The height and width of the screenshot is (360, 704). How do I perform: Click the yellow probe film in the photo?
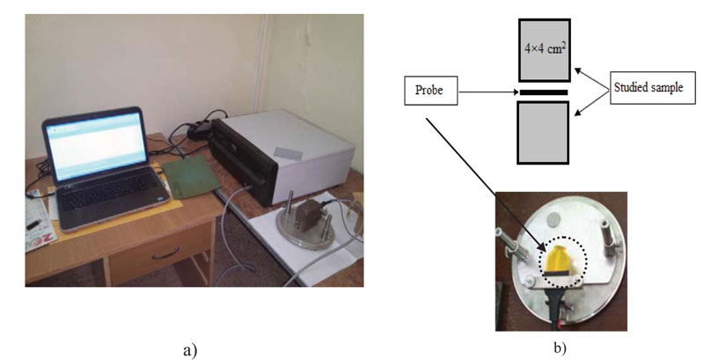coord(560,260)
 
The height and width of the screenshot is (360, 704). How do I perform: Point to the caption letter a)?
coord(190,349)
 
